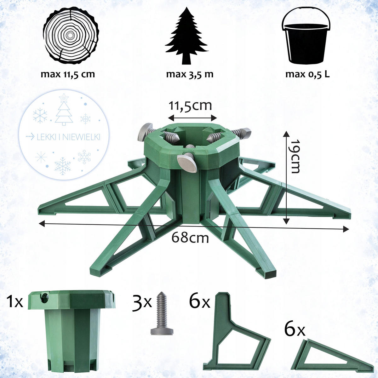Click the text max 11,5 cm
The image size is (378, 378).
68,74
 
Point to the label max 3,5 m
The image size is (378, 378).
190,74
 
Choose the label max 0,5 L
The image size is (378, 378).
307,74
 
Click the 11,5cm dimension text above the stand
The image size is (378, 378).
190,106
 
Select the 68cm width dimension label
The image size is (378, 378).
190,238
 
